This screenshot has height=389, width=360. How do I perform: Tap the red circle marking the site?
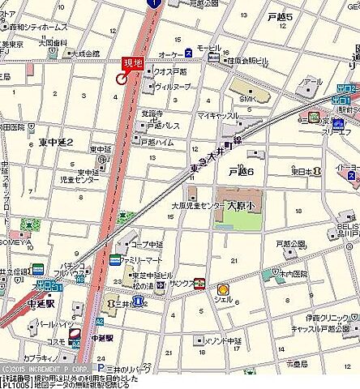122,79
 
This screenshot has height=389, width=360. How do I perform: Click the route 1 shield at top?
152,4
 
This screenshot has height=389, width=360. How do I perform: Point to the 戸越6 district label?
241,172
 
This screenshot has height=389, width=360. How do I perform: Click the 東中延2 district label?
56,142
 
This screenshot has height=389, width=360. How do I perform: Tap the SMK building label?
247,99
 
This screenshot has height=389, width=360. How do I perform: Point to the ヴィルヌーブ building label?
172,85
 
